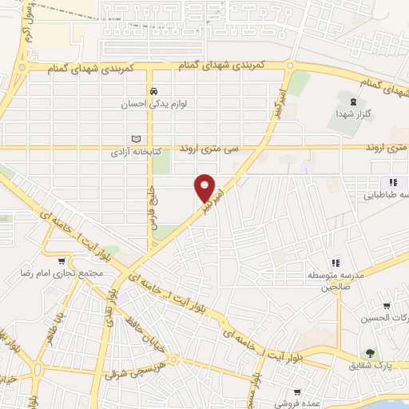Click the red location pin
tap(206, 189)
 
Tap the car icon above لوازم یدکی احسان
tap(153, 90)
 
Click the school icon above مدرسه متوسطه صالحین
tap(336, 261)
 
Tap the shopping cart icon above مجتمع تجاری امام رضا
tap(62, 260)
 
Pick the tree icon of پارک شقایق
tap(369, 352)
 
